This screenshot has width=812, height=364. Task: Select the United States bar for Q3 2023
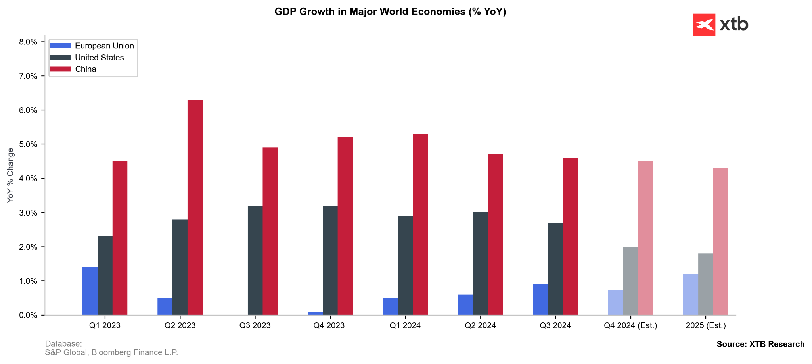255,260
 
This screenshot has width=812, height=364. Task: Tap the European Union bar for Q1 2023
90,291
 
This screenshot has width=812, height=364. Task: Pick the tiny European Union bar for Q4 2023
315,313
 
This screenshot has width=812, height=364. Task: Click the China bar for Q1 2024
420,224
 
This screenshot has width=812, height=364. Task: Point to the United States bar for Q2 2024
480,264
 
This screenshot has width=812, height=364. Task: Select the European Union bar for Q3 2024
540,300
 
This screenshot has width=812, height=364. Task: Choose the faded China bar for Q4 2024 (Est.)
645,238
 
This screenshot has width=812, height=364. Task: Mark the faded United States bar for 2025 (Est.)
705,284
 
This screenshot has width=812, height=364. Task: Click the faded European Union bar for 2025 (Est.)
690,295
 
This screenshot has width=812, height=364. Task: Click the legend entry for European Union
104,46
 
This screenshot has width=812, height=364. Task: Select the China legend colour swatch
60,69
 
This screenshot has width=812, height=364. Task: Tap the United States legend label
100,58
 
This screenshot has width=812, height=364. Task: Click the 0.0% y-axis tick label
28,315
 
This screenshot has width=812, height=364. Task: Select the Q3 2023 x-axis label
255,326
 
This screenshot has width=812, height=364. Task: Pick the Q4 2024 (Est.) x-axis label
630,326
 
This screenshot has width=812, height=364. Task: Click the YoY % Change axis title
11,175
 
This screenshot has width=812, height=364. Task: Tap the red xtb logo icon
704,25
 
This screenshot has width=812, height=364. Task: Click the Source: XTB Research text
760,344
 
